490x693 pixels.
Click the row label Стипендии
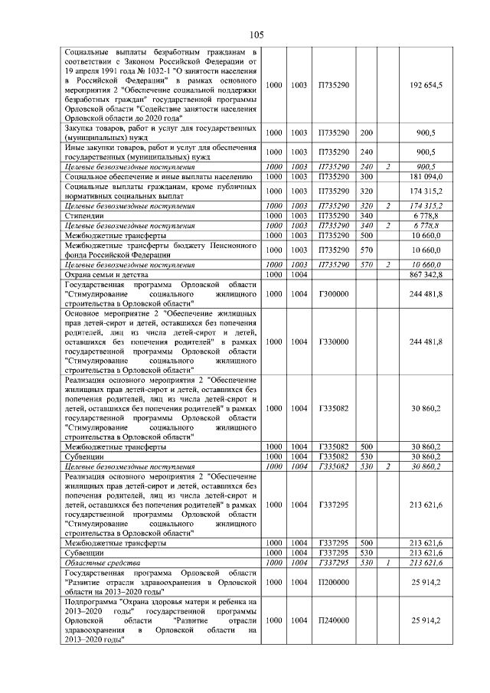click(x=84, y=217)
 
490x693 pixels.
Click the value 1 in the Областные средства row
click(x=388, y=562)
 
